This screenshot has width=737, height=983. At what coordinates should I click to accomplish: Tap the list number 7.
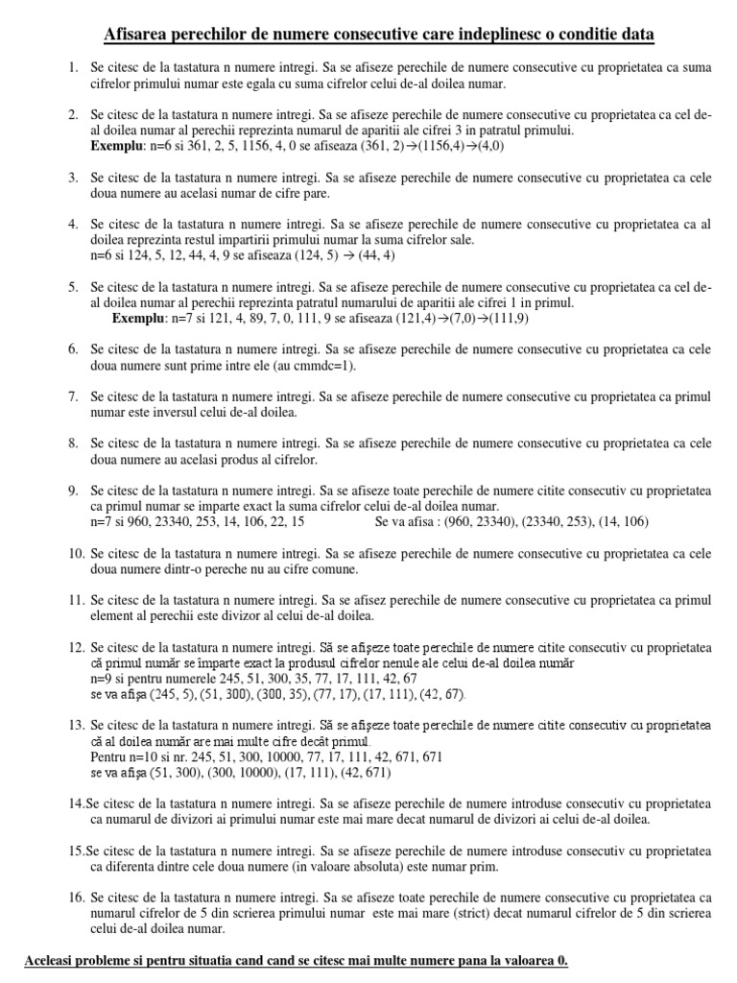click(73, 396)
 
